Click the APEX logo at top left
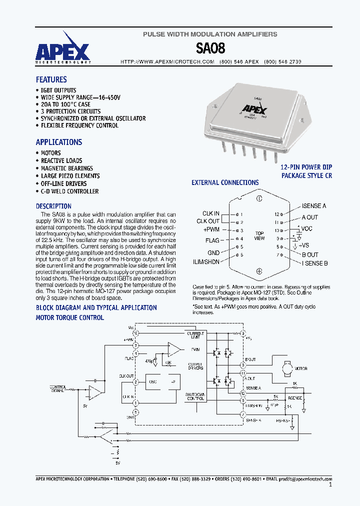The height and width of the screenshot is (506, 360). pyautogui.click(x=62, y=51)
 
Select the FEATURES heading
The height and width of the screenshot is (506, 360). pyautogui.click(x=51, y=79)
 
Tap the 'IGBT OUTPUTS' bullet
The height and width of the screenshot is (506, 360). pyautogui.click(x=58, y=90)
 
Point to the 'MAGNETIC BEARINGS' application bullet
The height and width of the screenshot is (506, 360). pyautogui.click(x=66, y=168)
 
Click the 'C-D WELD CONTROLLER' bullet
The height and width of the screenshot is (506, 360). pyautogui.click(x=69, y=191)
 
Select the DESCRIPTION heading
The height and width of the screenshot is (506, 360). pyautogui.click(x=53, y=206)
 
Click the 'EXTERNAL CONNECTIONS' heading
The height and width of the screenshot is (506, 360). pyautogui.click(x=225, y=182)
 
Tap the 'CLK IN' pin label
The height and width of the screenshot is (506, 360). pyautogui.click(x=210, y=213)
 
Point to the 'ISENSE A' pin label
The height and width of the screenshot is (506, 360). pyautogui.click(x=314, y=206)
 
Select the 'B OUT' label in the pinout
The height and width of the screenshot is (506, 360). pyautogui.click(x=310, y=254)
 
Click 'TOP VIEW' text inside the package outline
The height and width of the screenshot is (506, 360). pyautogui.click(x=259, y=236)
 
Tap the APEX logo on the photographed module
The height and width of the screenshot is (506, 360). pyautogui.click(x=254, y=108)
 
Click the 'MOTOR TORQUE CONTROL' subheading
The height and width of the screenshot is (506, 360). pyautogui.click(x=70, y=317)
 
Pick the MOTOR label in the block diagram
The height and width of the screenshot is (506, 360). pyautogui.click(x=300, y=368)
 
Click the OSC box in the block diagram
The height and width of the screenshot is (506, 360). pyautogui.click(x=152, y=381)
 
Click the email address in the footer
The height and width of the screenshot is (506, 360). pyautogui.click(x=305, y=478)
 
